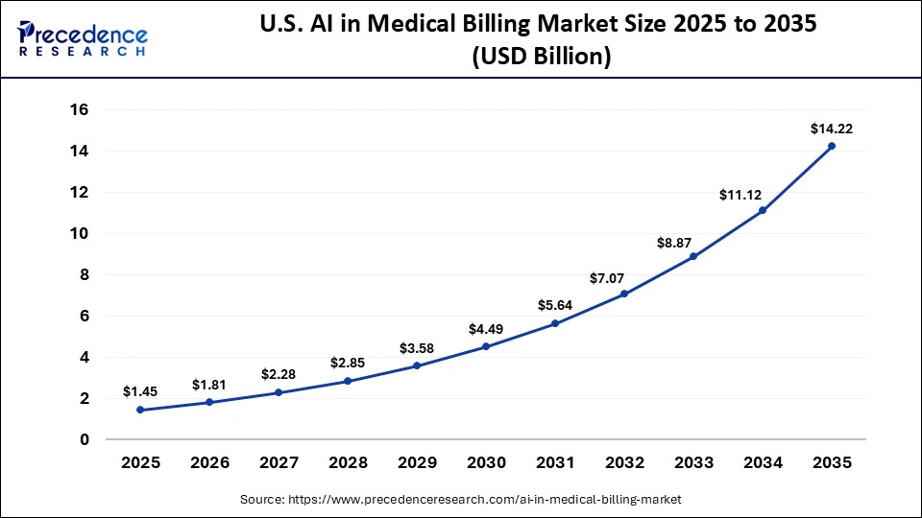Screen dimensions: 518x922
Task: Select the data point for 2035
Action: tap(832, 146)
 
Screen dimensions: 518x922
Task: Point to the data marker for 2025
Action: tap(140, 410)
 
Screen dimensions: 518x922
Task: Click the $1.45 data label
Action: tap(140, 391)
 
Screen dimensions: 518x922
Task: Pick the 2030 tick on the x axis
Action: tap(486, 462)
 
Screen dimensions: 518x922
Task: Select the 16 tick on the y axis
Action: tap(79, 110)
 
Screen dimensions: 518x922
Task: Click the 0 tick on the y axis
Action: tap(85, 439)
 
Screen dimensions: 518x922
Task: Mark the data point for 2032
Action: tap(624, 294)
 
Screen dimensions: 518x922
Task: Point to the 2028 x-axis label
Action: tap(348, 462)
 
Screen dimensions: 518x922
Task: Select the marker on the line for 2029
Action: tap(417, 365)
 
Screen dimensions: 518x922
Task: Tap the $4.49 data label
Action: tap(486, 329)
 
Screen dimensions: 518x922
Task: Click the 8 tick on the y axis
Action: tap(85, 274)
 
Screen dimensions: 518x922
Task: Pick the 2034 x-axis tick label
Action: tap(763, 462)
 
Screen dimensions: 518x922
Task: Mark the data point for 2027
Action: tap(279, 392)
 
